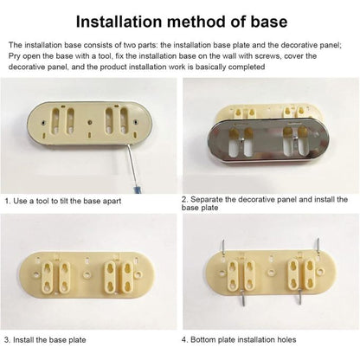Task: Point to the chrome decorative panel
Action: coord(271,141)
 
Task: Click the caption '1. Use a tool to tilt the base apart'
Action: coord(63,201)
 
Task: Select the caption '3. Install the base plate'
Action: coord(45,340)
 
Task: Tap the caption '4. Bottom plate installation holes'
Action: coord(239,340)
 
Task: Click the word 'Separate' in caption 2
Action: coord(207,199)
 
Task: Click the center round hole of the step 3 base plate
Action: coord(87,274)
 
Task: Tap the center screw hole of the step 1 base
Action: coord(90,122)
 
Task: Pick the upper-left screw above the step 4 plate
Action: coord(223,247)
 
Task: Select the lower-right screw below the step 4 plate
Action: coord(300,299)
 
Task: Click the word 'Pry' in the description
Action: coord(14,56)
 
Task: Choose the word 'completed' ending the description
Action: coord(247,67)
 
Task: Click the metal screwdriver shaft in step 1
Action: coord(129,165)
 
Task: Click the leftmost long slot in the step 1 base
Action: coord(55,119)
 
